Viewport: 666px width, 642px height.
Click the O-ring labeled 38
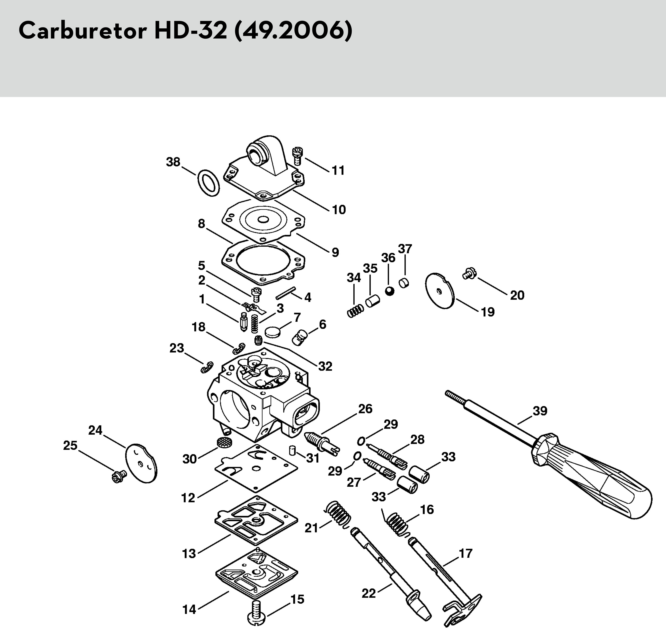pyautogui.click(x=208, y=183)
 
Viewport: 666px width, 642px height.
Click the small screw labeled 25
pyautogui.click(x=119, y=476)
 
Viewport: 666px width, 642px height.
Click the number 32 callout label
pyautogui.click(x=325, y=366)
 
